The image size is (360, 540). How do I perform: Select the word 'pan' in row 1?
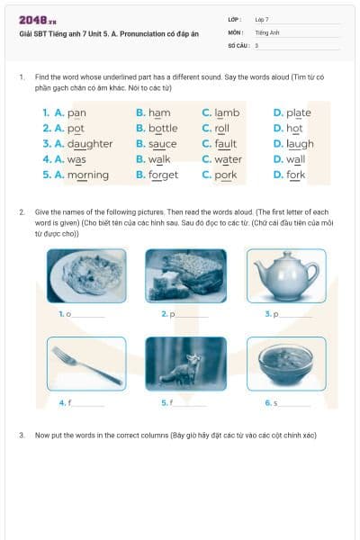76,113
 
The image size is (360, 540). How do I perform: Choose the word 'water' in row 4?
228,159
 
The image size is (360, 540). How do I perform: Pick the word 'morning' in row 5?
88,175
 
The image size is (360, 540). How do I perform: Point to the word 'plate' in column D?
299,113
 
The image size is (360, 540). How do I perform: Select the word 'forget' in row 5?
163,175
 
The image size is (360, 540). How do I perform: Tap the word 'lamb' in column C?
227,113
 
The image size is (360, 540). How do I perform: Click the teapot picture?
285,275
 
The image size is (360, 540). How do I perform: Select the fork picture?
86,364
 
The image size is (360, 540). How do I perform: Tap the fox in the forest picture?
185,364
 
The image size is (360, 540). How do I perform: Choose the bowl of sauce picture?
285,364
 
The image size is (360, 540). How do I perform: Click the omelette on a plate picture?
86,275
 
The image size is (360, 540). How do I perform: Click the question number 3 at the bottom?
21,435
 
